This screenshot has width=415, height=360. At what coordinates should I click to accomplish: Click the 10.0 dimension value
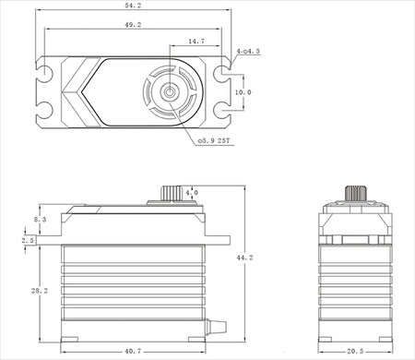pos(241,93)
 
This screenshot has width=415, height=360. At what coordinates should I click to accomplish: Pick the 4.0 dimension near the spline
pos(191,193)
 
